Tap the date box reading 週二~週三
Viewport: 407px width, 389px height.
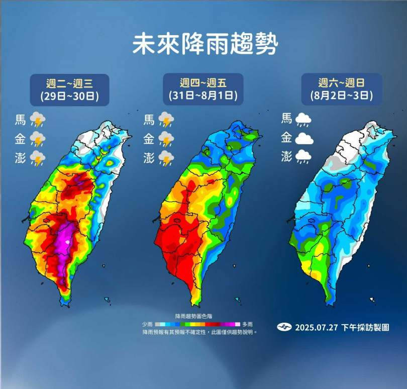click(69, 89)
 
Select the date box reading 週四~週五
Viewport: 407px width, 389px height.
click(203, 89)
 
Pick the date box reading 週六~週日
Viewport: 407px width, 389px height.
click(342, 89)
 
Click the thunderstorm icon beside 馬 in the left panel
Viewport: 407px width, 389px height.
click(38, 120)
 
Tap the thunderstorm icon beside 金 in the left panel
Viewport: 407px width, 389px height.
click(38, 139)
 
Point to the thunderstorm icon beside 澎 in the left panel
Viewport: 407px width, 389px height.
click(38, 158)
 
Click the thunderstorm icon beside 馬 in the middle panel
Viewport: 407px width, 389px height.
click(166, 120)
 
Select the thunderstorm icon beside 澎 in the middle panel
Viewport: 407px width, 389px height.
click(166, 158)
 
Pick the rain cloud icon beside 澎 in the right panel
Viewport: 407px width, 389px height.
click(303, 158)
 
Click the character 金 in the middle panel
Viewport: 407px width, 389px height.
click(149, 139)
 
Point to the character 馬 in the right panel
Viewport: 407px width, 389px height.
click(286, 119)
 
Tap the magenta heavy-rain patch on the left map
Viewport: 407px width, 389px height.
click(65, 240)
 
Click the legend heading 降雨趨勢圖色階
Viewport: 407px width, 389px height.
click(198, 316)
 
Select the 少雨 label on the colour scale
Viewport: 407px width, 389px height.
click(148, 325)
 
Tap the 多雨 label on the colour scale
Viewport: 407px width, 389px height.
click(247, 325)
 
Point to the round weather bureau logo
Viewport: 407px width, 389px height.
click(284, 327)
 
